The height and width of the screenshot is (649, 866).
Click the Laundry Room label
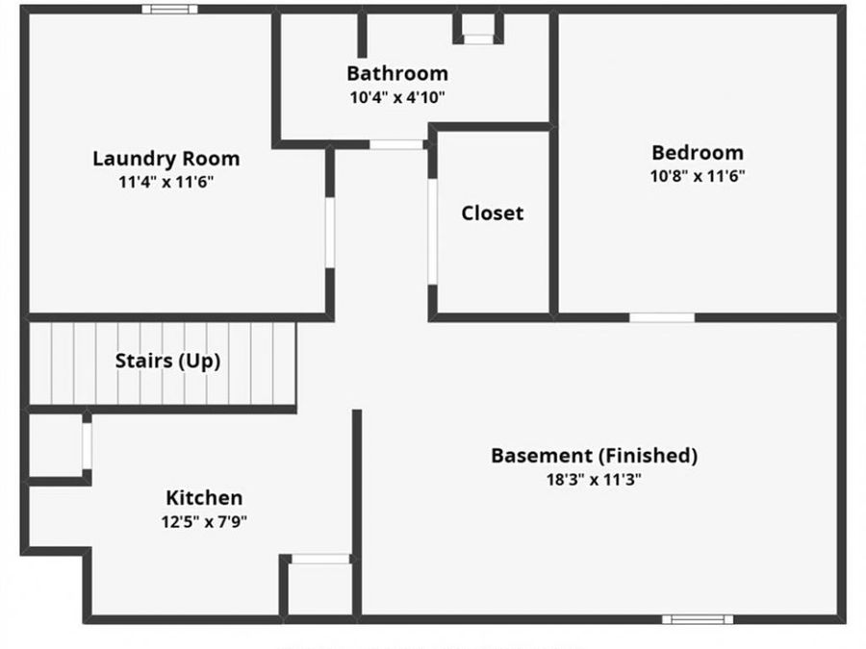(x=166, y=159)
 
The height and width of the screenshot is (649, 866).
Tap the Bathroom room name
(x=396, y=73)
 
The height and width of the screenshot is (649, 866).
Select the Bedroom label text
(x=697, y=152)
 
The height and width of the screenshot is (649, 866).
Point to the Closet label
(x=492, y=212)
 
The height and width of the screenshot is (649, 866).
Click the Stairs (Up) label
(x=167, y=362)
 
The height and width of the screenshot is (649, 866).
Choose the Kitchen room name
(x=204, y=497)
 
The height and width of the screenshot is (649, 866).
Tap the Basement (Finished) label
(x=594, y=455)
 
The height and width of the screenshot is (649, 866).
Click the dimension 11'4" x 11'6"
(x=166, y=182)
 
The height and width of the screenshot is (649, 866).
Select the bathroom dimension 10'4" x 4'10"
(x=396, y=97)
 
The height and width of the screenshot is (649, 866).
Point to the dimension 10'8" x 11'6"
(x=697, y=176)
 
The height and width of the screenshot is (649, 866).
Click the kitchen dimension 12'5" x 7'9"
(x=204, y=521)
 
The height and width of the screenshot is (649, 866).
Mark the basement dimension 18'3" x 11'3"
(x=594, y=479)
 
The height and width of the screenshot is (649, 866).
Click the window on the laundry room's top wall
(x=169, y=10)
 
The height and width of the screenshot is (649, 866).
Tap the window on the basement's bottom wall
(x=697, y=619)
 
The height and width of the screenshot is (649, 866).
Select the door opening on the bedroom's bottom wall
(x=661, y=317)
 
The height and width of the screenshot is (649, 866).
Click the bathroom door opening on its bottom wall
(x=396, y=145)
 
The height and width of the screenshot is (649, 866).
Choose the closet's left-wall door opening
(x=433, y=231)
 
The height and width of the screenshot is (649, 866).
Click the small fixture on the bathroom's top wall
(x=477, y=30)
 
